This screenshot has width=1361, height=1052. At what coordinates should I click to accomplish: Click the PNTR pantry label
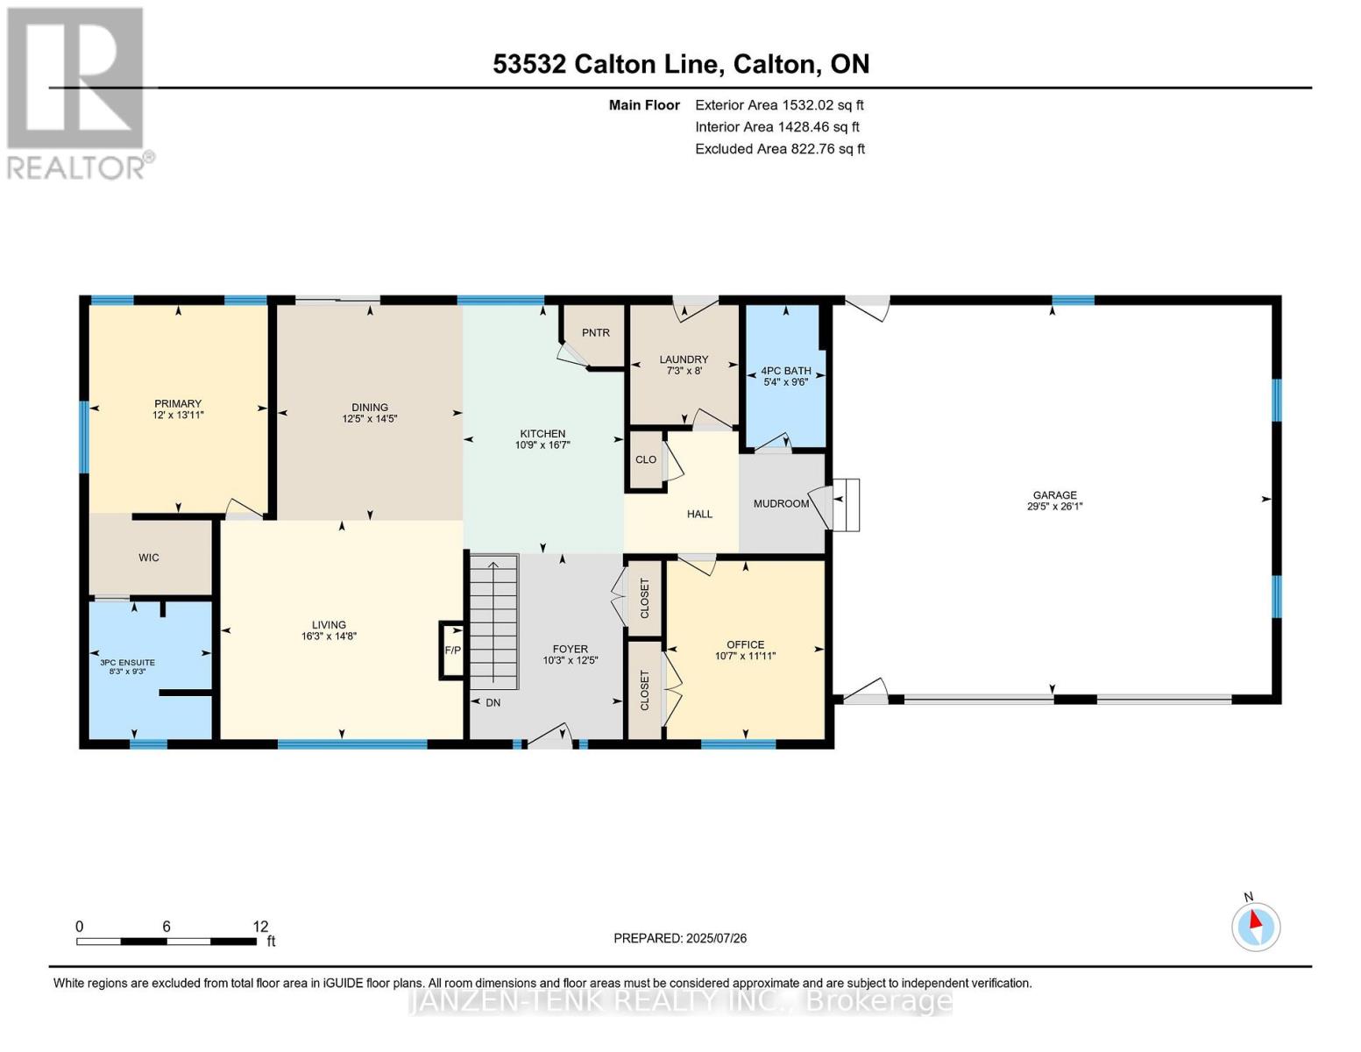595,333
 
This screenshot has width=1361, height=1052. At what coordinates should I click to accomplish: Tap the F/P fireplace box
451,650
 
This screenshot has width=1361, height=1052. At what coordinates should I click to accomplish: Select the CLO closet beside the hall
646,459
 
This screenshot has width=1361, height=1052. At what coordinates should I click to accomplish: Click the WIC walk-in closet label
148,558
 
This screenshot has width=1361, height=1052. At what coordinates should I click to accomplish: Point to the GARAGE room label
1055,495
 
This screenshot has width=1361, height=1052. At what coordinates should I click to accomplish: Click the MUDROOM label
781,504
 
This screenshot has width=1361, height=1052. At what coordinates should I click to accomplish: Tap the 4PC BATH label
785,371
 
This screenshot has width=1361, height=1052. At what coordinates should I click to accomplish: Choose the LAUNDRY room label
684,359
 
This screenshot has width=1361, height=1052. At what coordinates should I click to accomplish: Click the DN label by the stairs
493,703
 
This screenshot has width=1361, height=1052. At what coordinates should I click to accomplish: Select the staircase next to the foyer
494,622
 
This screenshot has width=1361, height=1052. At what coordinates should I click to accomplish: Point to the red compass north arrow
1255,920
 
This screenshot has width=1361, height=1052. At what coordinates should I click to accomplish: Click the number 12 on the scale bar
260,926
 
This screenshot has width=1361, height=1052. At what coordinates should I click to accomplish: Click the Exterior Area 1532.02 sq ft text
779,105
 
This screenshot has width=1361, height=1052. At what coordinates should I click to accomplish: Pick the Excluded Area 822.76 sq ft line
780,149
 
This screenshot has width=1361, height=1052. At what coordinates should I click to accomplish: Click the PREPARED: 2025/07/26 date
680,938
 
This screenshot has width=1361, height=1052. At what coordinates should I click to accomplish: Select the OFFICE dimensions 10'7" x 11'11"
745,656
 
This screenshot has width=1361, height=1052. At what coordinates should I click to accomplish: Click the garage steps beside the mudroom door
847,505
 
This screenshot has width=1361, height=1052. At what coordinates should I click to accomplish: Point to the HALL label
699,515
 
